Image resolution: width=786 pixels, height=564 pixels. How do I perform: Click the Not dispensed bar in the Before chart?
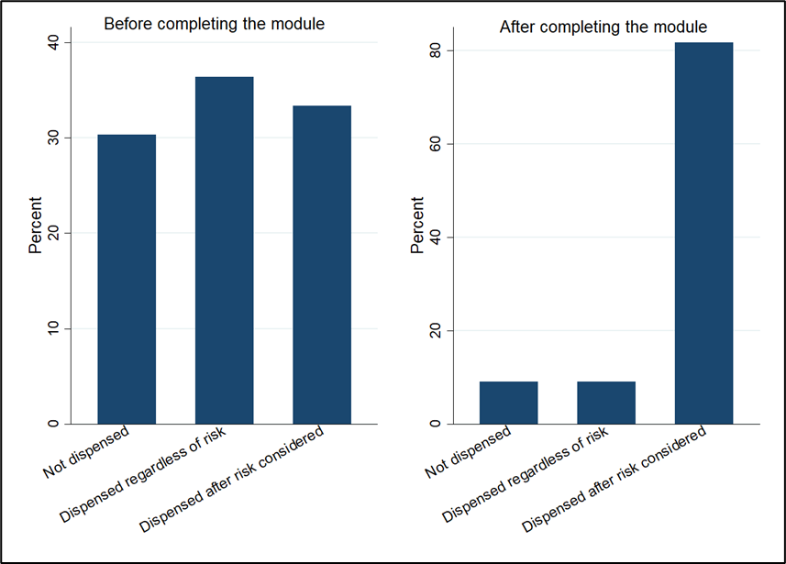127,279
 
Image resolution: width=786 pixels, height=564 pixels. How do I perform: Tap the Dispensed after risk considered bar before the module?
322,265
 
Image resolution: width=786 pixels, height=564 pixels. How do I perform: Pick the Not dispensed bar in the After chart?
508,403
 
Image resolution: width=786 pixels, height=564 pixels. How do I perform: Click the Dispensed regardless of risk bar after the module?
606,403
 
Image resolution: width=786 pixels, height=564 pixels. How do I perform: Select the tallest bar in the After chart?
703,233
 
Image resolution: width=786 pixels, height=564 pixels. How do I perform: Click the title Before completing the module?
214,25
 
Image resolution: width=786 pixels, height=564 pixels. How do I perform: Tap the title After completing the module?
603,28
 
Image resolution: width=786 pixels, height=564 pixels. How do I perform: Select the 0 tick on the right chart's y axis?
436,424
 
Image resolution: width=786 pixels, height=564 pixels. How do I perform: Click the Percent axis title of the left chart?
35,226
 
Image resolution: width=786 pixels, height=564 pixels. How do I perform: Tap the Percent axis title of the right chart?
417,226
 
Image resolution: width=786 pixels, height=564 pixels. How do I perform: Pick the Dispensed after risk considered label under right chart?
614,481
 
